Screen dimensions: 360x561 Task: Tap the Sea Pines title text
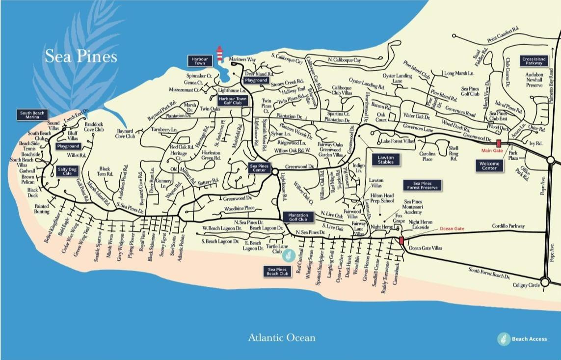tap(81, 56)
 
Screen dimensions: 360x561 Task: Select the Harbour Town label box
tap(199, 61)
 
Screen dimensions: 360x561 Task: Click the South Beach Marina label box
tap(32, 115)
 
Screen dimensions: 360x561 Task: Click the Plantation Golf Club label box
tap(298, 217)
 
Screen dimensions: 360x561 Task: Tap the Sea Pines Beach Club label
tap(277, 271)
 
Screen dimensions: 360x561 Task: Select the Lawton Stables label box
tap(385, 160)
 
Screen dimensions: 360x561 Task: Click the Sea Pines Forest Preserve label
tap(423, 185)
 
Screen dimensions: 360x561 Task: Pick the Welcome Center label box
tap(489, 166)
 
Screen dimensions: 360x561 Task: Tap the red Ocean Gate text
tap(452, 229)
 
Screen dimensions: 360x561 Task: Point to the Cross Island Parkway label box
tap(534, 61)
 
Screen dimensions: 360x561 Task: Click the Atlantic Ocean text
tap(281, 337)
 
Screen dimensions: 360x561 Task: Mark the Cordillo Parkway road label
tap(508, 226)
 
